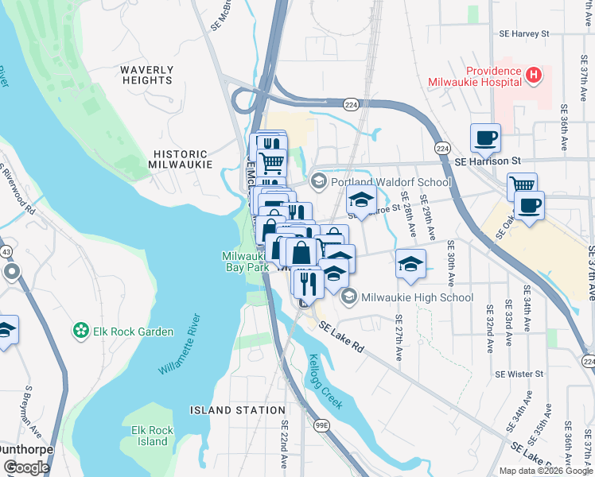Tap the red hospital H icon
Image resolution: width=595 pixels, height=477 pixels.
coord(534,76)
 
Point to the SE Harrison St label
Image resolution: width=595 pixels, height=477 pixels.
coord(486,161)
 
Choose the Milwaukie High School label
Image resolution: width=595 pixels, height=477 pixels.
coord(417,297)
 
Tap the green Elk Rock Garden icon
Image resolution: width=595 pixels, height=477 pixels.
coord(80,330)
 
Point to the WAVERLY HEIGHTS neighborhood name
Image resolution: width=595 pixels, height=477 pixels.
coord(147,76)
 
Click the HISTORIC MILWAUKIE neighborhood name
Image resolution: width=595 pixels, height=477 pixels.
coord(181,159)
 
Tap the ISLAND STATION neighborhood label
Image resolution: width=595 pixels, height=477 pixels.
coord(237,410)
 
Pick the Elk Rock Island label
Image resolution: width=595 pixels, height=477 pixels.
coord(152,436)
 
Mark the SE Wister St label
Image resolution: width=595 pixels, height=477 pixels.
coord(519,374)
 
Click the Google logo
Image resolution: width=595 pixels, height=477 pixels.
coord(25,467)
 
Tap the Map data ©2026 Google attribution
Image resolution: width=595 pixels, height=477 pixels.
coord(545,471)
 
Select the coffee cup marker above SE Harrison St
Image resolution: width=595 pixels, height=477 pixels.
coord(485,138)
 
